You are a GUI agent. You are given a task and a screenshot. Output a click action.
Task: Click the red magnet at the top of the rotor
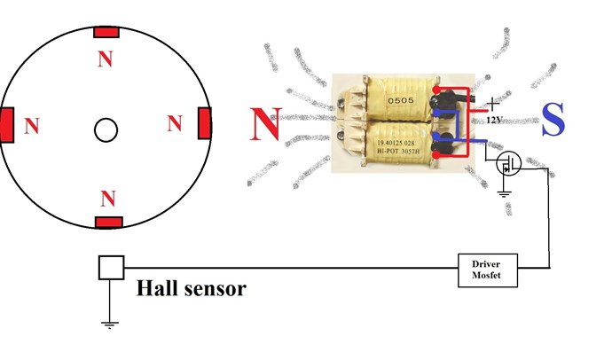tap(106, 32)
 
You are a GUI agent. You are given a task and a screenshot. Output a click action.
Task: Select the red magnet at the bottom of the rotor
tap(109, 223)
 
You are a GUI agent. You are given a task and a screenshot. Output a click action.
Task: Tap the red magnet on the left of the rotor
tap(7, 125)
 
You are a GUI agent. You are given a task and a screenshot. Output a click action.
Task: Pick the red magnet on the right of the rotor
tap(205, 123)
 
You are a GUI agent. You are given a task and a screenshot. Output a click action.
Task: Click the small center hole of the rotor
tap(106, 129)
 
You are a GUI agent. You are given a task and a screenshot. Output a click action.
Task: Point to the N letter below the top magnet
tap(106, 59)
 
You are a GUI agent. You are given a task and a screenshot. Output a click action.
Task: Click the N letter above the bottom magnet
tap(108, 199)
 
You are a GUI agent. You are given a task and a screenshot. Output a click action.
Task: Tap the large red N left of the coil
tap(266, 124)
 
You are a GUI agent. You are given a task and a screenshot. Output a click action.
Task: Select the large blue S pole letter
tap(553, 119)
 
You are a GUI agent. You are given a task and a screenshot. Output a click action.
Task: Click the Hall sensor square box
tap(111, 268)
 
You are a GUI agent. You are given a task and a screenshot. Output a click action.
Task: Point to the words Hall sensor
tap(192, 289)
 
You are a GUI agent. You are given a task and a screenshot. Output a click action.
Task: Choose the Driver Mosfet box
tap(488, 270)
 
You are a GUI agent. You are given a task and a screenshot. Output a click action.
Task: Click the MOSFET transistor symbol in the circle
tap(508, 163)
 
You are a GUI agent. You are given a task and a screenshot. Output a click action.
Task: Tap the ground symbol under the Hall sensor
tap(110, 325)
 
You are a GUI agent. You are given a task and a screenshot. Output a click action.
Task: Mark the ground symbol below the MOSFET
tap(505, 193)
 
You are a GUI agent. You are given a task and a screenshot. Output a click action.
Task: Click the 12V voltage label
tap(494, 120)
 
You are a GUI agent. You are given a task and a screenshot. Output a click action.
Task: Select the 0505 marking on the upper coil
tap(400, 100)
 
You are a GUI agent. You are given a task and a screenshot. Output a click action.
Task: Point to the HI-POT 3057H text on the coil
tap(398, 151)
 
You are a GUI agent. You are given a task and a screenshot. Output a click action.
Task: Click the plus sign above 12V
tap(493, 104)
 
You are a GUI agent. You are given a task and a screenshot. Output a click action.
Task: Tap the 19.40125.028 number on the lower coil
tap(396, 143)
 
